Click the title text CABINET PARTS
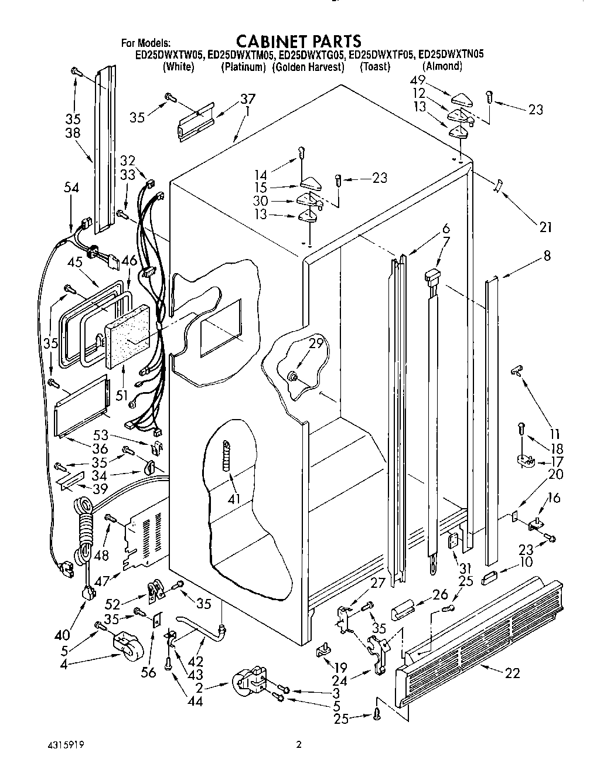pyautogui.click(x=298, y=40)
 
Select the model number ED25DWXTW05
pyautogui.click(x=169, y=55)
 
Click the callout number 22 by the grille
pyautogui.click(x=512, y=673)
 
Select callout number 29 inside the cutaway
pyautogui.click(x=316, y=344)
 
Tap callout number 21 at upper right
pyautogui.click(x=545, y=227)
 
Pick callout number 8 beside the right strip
pyautogui.click(x=547, y=256)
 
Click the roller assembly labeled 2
pyautogui.click(x=249, y=683)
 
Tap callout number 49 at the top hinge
pyautogui.click(x=434, y=80)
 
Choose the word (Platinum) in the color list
pyautogui.click(x=243, y=67)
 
